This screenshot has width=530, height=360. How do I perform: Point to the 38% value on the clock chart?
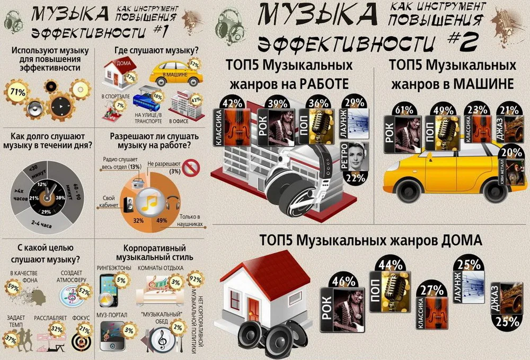click(60, 198)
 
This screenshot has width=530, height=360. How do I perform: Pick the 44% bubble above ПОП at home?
click(390, 264)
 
